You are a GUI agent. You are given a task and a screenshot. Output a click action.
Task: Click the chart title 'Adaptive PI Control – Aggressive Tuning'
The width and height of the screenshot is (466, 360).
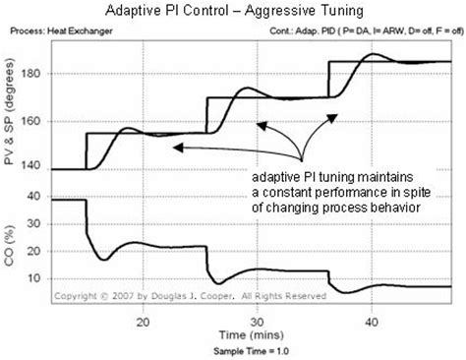pyautogui.click(x=233, y=11)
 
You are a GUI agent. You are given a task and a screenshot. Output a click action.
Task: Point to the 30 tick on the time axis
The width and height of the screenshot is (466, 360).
pyautogui.click(x=258, y=321)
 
